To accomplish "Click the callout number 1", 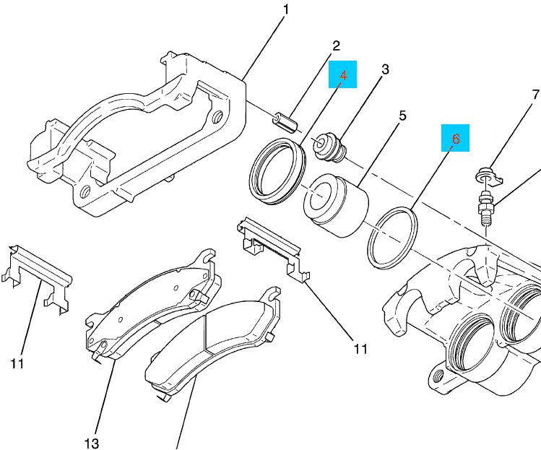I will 285,10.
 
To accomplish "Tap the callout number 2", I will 335,46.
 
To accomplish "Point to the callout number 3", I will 385,69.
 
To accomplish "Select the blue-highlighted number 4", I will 344,75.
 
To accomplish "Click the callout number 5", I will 402,115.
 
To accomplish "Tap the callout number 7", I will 535,94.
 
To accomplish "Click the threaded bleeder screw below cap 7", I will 485,209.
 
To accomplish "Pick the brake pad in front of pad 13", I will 209,347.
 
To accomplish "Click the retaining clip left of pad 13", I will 40,274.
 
